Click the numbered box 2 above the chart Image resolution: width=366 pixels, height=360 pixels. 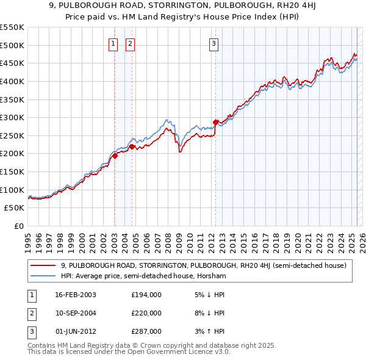[x=131, y=43]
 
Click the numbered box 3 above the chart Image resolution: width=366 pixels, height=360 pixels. [x=214, y=43]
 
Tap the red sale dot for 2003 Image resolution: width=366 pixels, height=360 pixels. [x=115, y=156]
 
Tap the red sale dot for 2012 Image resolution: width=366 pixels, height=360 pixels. [x=215, y=122]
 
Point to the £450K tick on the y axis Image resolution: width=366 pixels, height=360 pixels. [x=12, y=63]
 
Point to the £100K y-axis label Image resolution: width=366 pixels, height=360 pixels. [x=12, y=190]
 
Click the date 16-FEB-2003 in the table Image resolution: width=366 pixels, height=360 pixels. [x=76, y=295]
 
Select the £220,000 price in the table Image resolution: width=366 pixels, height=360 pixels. [x=146, y=313]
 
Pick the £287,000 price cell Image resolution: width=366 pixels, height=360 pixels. [x=146, y=331]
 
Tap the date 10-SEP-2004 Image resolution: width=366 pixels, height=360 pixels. [x=76, y=313]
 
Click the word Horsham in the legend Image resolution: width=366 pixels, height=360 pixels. [x=213, y=276]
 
